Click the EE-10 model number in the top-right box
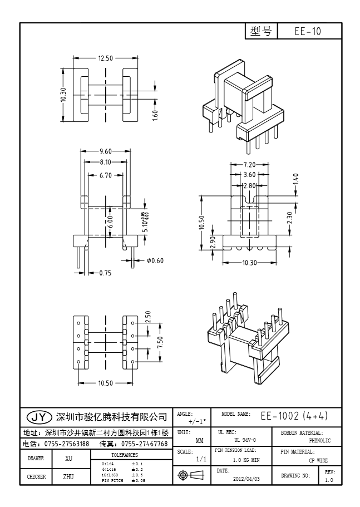coord(308,32)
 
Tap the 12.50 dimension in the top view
coord(106,58)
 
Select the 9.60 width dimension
coord(106,151)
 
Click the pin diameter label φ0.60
coord(156,261)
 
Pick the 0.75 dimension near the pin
coord(105,273)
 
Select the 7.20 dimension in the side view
coord(249,165)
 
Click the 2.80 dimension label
coord(249,185)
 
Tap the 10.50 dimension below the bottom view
coord(105,383)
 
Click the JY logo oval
coord(38,417)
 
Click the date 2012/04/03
coord(245,479)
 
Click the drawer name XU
coord(69,459)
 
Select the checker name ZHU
coord(69,477)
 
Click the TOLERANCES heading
coord(124,455)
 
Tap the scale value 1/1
coord(201,459)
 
